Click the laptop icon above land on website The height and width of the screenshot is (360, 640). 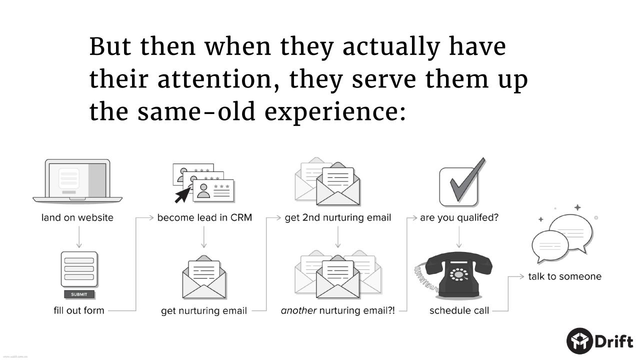click(77, 181)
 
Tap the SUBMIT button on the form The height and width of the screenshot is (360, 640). click(79, 294)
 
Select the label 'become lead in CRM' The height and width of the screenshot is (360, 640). click(204, 217)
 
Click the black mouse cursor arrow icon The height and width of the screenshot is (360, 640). click(182, 195)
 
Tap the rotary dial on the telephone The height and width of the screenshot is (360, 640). click(459, 274)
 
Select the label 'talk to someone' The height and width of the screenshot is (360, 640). click(564, 276)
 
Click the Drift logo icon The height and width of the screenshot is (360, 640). click(579, 341)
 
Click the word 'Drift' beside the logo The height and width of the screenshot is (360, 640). click(614, 341)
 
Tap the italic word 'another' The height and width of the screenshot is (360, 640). click(298, 310)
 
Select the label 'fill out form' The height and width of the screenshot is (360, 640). click(79, 310)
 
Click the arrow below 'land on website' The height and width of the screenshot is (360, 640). click(79, 237)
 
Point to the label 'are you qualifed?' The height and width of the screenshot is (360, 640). click(459, 217)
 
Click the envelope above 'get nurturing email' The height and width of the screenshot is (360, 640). click(204, 277)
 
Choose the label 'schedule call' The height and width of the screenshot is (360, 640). click(459, 310)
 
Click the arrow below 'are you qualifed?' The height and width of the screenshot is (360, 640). click(459, 237)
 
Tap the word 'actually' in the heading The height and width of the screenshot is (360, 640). click(391, 47)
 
